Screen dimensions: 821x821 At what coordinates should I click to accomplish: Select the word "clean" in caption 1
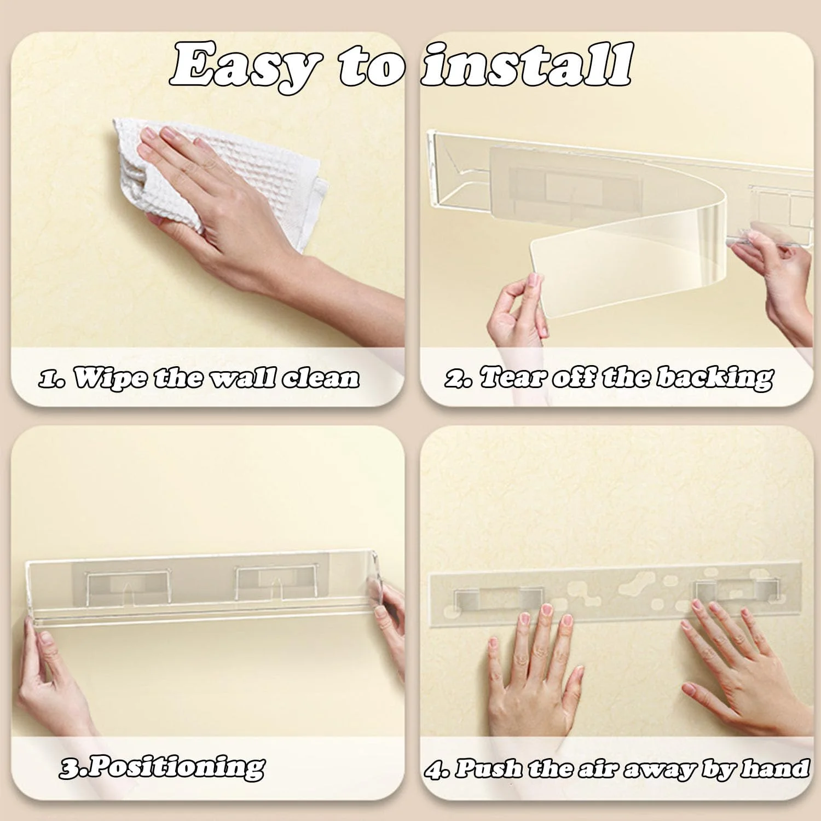pyautogui.click(x=322, y=378)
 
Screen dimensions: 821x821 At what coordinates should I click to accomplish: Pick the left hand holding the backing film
pyautogui.click(x=517, y=312)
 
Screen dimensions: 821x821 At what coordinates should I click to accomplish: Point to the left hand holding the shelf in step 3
pyautogui.click(x=49, y=684)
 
